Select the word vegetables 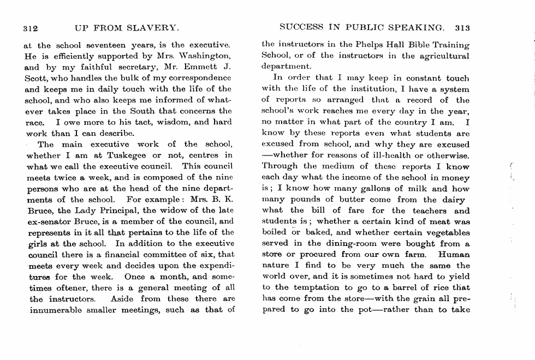pyautogui.click(x=444, y=232)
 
